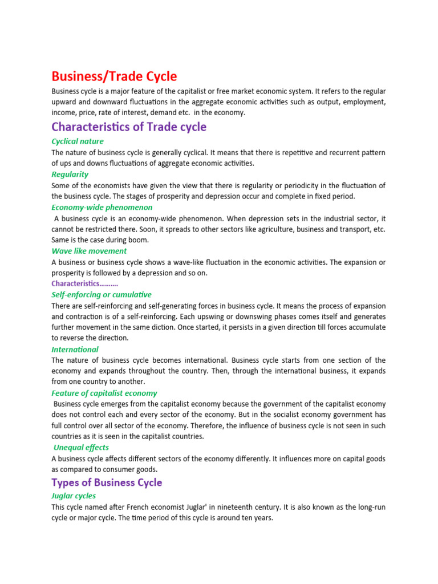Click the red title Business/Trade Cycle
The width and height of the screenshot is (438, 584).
[114, 76]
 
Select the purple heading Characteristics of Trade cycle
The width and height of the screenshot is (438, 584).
[129, 127]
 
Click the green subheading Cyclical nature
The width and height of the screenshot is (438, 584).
[78, 141]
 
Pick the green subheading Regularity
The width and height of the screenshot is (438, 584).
[70, 174]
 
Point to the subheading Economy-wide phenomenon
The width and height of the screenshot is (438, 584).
[102, 207]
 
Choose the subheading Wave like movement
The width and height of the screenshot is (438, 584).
[89, 250]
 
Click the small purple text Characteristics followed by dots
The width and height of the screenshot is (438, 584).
[85, 283]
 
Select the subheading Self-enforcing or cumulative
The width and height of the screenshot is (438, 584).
[102, 294]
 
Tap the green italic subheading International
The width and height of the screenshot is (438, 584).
[75, 349]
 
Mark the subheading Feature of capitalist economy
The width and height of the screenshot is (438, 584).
[104, 393]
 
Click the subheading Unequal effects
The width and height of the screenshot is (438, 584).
[81, 448]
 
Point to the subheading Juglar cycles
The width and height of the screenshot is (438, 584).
[74, 496]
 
